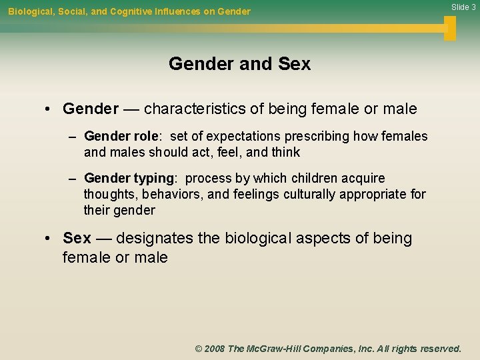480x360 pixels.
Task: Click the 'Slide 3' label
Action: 463,7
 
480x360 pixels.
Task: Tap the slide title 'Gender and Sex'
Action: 239,64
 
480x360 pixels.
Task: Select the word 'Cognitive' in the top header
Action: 137,11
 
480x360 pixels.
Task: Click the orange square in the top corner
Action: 450,28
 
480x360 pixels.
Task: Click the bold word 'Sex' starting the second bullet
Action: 77,238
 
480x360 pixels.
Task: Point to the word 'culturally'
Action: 309,195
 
